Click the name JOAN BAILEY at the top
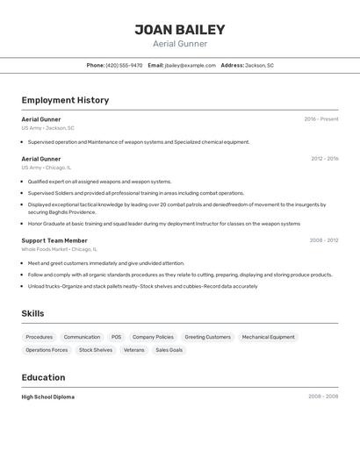pyautogui.click(x=180, y=30)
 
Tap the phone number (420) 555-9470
pyautogui.click(x=124, y=65)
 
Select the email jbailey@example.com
pyautogui.click(x=190, y=65)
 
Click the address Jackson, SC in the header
pyautogui.click(x=259, y=65)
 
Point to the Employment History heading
pyautogui.click(x=65, y=100)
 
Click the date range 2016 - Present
pyautogui.click(x=320, y=119)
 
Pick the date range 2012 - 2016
pyautogui.click(x=324, y=159)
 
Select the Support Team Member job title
pyautogui.click(x=54, y=240)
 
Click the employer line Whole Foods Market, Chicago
pyautogui.click(x=59, y=249)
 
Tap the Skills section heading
pyautogui.click(x=32, y=313)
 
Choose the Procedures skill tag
pyautogui.click(x=39, y=337)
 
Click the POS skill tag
pyautogui.click(x=116, y=337)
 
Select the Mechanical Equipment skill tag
pyautogui.click(x=268, y=337)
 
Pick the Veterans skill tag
pyautogui.click(x=133, y=350)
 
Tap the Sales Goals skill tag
pyautogui.click(x=169, y=350)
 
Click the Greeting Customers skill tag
pyautogui.click(x=207, y=337)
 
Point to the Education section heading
pyautogui.click(x=43, y=377)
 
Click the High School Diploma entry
pyautogui.click(x=47, y=397)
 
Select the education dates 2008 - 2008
pyautogui.click(x=322, y=397)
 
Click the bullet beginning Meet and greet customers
pyautogui.click(x=105, y=263)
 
